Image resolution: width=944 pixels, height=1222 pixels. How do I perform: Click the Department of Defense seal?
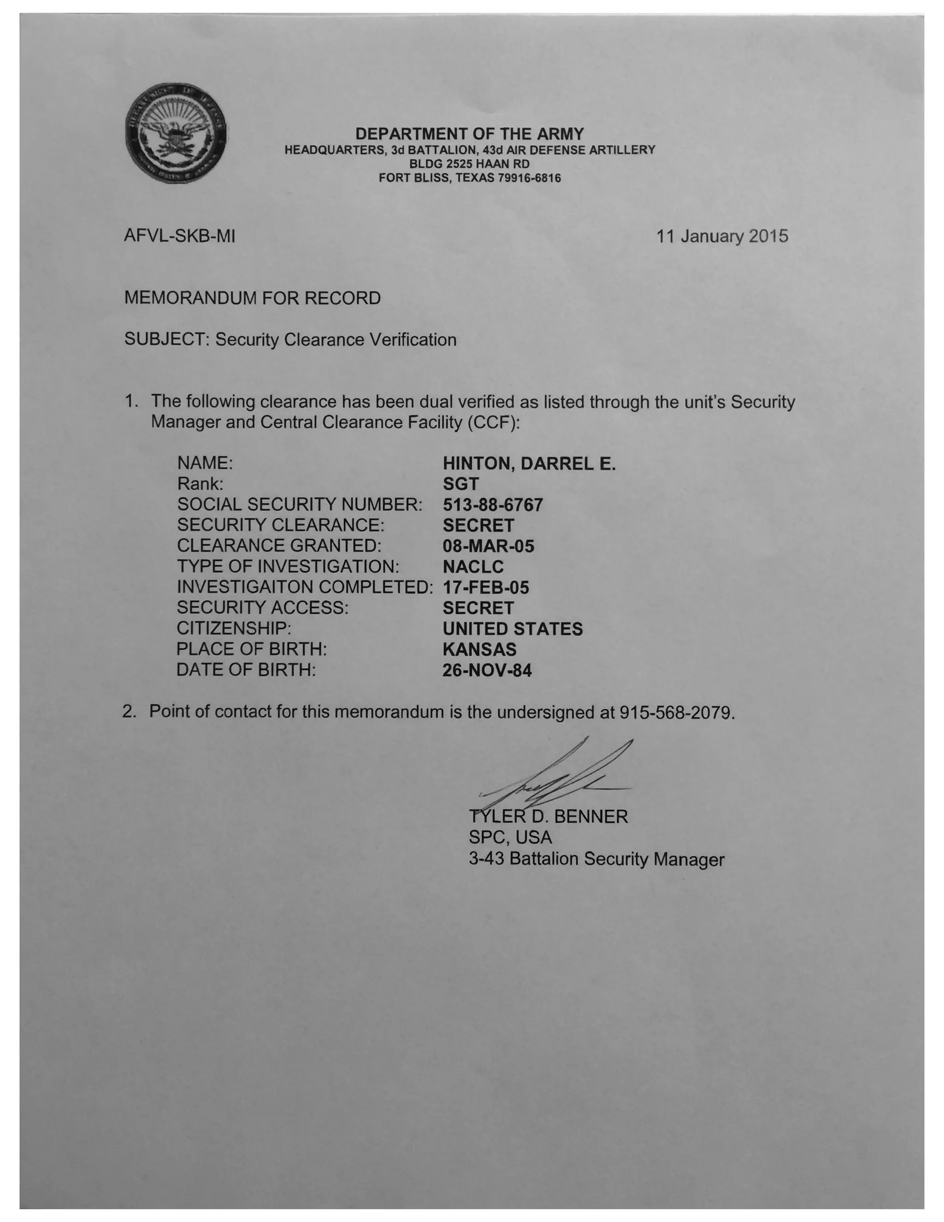(176, 134)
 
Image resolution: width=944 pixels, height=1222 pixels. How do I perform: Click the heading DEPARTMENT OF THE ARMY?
(469, 134)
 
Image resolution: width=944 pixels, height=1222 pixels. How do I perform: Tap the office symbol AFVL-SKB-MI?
(179, 236)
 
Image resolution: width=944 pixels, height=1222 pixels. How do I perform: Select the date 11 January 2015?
(722, 236)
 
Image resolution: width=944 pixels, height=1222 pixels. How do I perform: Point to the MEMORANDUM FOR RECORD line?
(252, 298)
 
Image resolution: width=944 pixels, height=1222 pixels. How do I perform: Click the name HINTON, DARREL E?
(529, 463)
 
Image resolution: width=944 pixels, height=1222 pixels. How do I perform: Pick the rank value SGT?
(461, 484)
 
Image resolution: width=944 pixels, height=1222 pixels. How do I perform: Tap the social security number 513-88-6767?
(493, 504)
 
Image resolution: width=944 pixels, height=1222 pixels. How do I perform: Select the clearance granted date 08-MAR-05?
(488, 546)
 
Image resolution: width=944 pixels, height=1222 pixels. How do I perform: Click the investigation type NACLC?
(473, 567)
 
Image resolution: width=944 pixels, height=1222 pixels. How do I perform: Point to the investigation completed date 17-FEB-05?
(485, 587)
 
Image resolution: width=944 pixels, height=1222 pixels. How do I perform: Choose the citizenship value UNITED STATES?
(512, 629)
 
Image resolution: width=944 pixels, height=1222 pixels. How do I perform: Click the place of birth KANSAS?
(479, 650)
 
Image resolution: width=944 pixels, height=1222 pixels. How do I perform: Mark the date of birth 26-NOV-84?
(487, 670)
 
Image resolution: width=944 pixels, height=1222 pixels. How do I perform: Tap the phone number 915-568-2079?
(676, 713)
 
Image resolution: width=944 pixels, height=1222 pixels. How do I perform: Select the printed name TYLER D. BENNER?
(549, 817)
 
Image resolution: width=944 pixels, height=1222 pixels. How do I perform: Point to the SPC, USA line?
(510, 837)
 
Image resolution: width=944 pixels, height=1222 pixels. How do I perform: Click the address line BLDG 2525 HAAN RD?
(469, 164)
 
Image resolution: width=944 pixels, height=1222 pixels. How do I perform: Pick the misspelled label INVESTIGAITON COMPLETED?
(305, 587)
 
